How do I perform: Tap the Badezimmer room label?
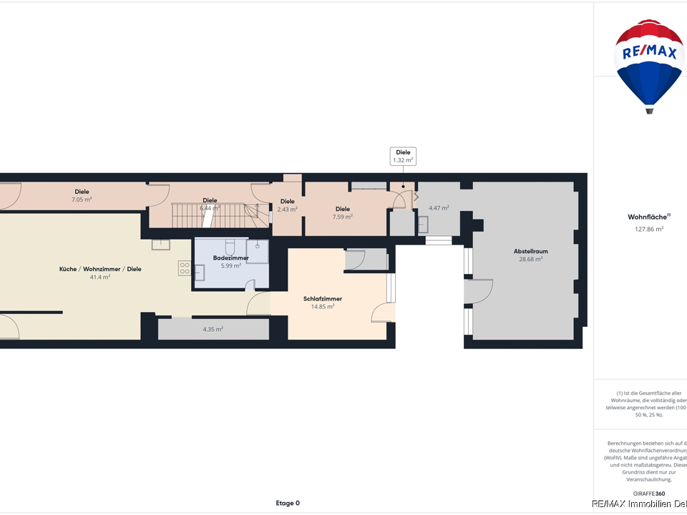[230, 257]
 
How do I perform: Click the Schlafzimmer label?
[322, 298]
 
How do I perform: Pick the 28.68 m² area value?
[530, 259]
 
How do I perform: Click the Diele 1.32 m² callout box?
[403, 156]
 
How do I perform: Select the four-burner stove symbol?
[184, 268]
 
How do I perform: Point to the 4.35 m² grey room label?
[213, 329]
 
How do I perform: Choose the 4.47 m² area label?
[439, 208]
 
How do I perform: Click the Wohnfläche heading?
[648, 217]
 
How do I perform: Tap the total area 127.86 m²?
[649, 229]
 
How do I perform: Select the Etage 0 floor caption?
[288, 503]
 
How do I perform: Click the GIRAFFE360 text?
[649, 494]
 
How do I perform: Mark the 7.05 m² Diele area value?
[82, 200]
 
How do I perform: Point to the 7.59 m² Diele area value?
[343, 217]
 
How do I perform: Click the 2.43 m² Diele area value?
[287, 209]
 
